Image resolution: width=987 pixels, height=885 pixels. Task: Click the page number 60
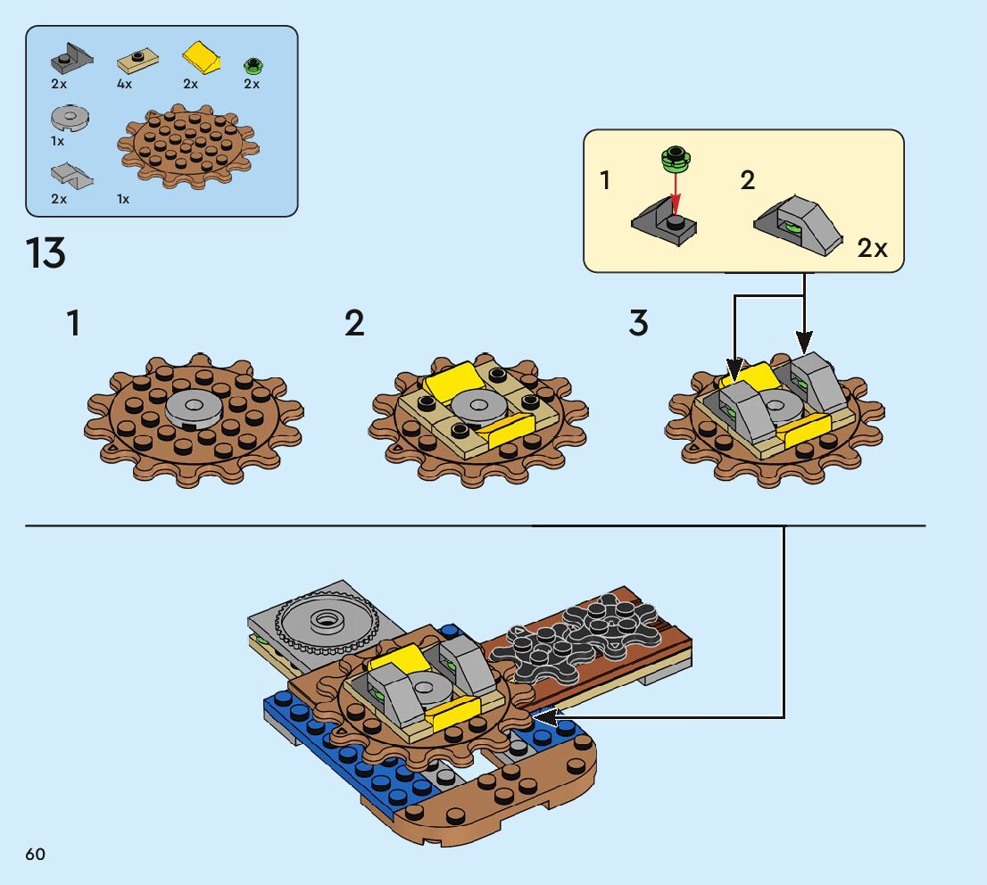pyautogui.click(x=36, y=855)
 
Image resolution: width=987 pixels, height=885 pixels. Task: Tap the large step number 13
pyautogui.click(x=46, y=253)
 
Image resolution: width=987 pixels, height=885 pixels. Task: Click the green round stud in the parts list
pyautogui.click(x=253, y=65)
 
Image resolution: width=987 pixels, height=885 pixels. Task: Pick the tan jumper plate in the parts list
pyautogui.click(x=138, y=61)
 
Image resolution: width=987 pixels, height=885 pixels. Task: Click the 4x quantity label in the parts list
pyautogui.click(x=124, y=84)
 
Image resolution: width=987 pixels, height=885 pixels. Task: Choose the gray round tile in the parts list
pyautogui.click(x=70, y=117)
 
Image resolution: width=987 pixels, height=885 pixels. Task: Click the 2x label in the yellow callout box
pyautogui.click(x=872, y=249)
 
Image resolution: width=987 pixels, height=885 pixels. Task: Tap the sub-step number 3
pyautogui.click(x=638, y=324)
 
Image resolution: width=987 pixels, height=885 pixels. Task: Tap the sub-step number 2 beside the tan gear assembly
pyautogui.click(x=354, y=324)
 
